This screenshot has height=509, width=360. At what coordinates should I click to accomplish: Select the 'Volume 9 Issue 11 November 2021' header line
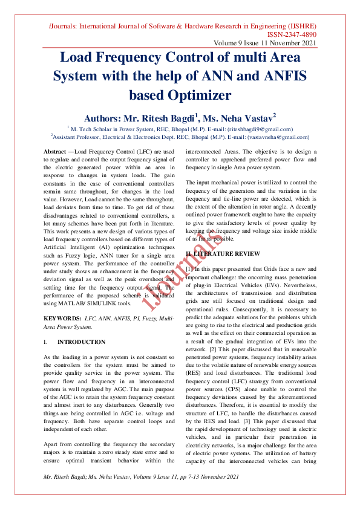pyautogui.click(x=264, y=44)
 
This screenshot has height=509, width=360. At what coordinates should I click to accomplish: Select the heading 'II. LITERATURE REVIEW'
pyautogui.click(x=222, y=252)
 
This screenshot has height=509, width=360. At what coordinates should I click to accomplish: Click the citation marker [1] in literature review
pyautogui.click(x=190, y=267)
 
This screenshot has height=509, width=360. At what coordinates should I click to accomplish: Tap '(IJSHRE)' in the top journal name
pyautogui.click(x=298, y=27)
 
